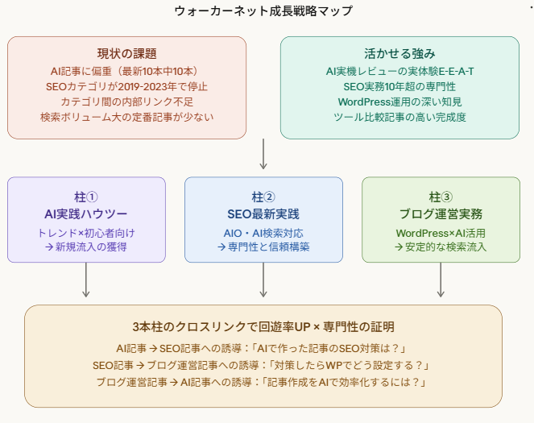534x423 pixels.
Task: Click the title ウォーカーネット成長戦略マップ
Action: point(263,11)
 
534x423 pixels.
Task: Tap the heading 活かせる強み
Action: point(399,53)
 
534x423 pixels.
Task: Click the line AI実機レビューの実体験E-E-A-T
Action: point(399,71)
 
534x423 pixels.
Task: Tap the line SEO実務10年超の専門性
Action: point(399,86)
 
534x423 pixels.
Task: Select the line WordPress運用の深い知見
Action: point(399,102)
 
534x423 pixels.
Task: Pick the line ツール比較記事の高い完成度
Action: point(399,117)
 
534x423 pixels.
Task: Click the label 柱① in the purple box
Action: point(86,197)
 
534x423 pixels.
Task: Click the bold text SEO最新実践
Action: point(263,214)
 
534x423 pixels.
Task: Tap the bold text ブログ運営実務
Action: point(441,214)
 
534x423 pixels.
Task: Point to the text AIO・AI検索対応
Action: point(263,232)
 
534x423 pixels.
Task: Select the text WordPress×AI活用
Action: point(441,232)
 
